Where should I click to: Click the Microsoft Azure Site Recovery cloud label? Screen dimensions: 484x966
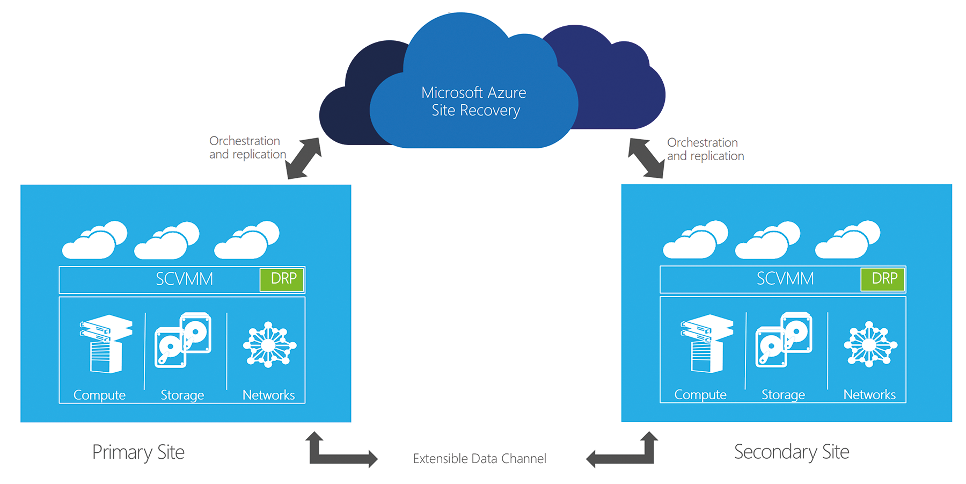pos(474,102)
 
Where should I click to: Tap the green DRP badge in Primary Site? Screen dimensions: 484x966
pos(282,279)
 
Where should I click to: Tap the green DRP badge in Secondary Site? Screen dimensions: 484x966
pos(883,279)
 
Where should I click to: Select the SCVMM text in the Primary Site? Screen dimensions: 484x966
pos(184,279)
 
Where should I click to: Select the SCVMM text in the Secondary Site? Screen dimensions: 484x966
pos(785,279)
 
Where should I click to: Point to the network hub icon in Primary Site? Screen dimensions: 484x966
pos(269,345)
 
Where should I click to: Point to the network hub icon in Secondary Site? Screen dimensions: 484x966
pos(870,344)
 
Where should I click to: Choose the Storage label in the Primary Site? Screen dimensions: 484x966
pos(182,395)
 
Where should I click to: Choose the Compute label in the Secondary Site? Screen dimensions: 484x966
pos(700,395)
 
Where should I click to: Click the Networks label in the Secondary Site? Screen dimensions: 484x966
pos(869,395)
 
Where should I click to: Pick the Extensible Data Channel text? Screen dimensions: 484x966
pos(479,459)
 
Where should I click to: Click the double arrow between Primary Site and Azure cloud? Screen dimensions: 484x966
pos(303,158)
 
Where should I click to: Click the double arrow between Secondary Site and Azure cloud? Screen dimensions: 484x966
pos(647,158)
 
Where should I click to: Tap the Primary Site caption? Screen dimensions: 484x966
pos(138,452)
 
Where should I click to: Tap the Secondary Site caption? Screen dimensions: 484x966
pos(792,452)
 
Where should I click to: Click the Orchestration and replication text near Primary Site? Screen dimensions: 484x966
pos(247,148)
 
